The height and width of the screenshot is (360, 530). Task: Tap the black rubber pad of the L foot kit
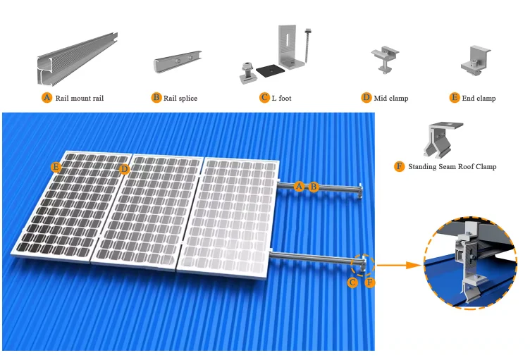(268, 70)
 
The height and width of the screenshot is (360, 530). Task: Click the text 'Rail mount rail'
(79, 98)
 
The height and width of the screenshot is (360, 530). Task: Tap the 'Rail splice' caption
(180, 98)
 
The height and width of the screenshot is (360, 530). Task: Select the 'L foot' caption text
(281, 98)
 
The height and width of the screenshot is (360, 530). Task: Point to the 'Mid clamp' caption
(390, 98)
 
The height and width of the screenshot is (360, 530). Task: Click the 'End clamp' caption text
(479, 98)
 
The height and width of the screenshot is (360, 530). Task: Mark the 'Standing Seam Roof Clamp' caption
(452, 167)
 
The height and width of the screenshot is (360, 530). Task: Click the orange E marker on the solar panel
(56, 167)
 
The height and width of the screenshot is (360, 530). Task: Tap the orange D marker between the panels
(124, 169)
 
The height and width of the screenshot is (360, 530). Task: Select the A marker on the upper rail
(299, 187)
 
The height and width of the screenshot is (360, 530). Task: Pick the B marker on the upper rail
(314, 187)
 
